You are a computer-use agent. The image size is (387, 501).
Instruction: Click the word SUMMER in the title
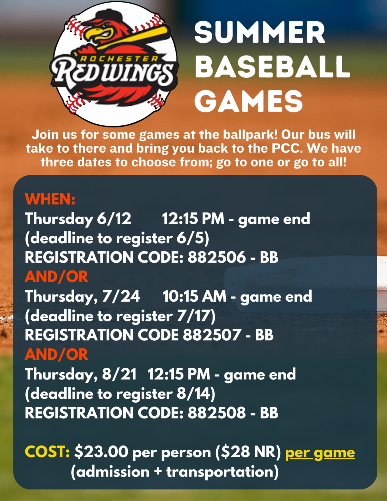(x=260, y=32)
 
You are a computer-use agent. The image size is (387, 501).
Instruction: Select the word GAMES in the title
(x=248, y=101)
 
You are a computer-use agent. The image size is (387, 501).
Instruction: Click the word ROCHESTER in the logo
(x=119, y=59)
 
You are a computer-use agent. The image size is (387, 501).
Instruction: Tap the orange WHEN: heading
(x=50, y=199)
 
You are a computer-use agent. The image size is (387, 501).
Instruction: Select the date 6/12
(x=114, y=218)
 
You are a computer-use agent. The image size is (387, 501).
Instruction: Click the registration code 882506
(x=217, y=257)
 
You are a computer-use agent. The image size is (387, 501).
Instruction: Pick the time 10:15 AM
(x=194, y=296)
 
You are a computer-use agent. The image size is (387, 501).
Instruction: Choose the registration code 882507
(x=212, y=335)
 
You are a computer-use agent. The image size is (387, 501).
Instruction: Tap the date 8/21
(x=119, y=374)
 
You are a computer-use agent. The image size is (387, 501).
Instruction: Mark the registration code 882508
(x=217, y=413)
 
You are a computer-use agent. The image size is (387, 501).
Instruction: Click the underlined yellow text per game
(x=320, y=453)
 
